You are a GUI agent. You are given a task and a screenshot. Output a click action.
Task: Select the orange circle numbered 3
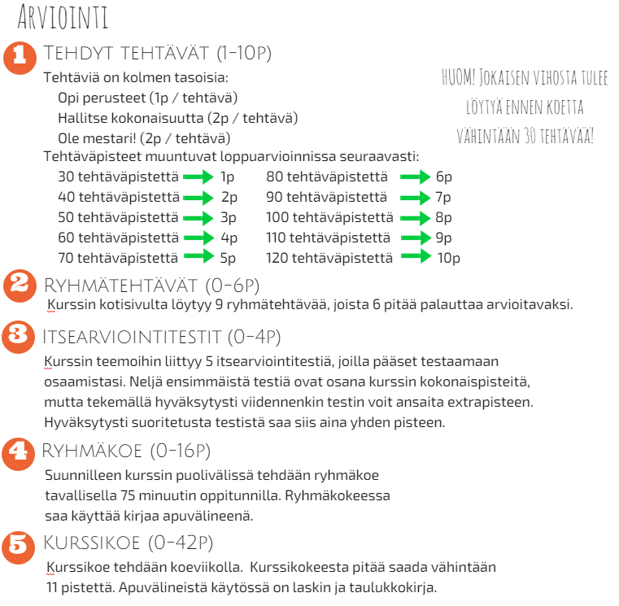coord(17,336)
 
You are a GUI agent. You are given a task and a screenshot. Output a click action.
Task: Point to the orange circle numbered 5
coord(19,544)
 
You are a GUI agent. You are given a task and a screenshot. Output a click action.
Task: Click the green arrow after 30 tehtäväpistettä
coord(198,177)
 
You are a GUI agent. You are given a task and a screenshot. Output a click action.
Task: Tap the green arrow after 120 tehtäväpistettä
coord(414,258)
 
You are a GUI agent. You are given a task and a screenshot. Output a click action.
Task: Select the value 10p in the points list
coord(448,259)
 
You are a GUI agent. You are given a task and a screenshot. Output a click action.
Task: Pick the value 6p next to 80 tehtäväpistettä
coord(443,177)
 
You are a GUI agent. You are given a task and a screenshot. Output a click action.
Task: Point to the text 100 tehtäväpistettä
coord(329,217)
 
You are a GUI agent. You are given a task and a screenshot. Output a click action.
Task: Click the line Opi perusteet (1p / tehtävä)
coord(148,98)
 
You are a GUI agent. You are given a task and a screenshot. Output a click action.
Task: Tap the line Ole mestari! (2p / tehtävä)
coord(144,137)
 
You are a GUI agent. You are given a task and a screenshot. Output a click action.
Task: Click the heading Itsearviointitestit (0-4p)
coord(162,336)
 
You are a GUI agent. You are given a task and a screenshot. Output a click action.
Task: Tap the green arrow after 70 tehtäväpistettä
coord(198,258)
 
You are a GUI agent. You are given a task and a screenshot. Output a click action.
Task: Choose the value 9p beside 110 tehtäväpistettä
coord(443,238)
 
